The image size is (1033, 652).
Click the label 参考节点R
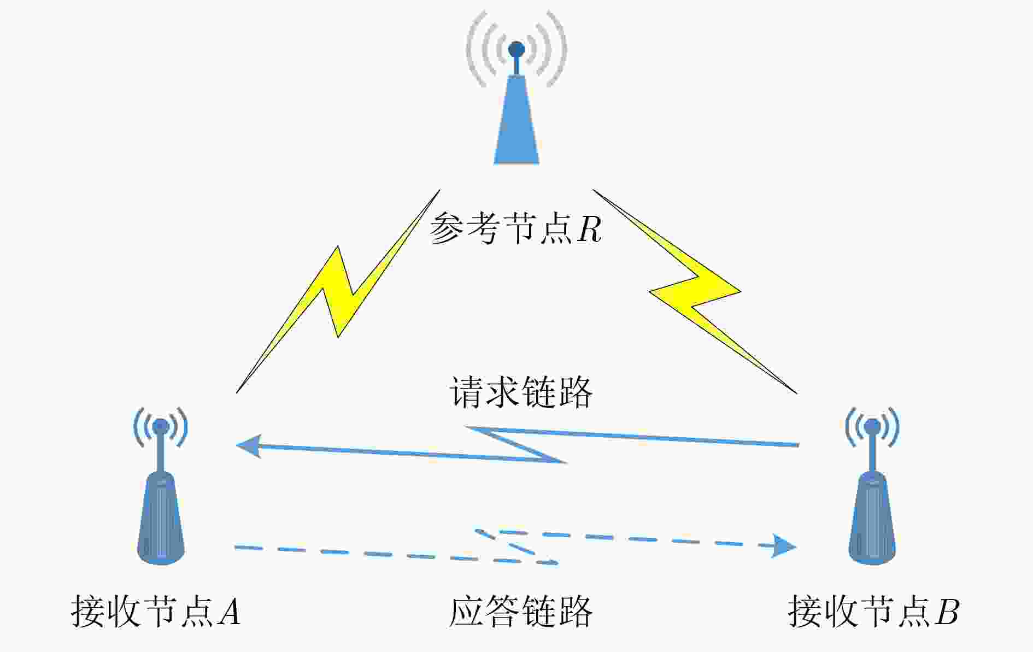pyautogui.click(x=515, y=228)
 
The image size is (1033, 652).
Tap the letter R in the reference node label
pyautogui.click(x=589, y=229)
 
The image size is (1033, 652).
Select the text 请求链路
pyautogui.click(x=521, y=392)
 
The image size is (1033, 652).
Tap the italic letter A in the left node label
pyautogui.click(x=229, y=611)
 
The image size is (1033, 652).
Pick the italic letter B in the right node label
pyautogui.click(x=947, y=611)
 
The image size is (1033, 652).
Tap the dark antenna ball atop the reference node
pyautogui.click(x=516, y=50)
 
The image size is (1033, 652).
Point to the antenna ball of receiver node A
pyautogui.click(x=161, y=426)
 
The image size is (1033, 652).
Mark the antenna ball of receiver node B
pyautogui.click(x=872, y=426)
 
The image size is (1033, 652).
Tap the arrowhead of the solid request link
pyautogui.click(x=249, y=445)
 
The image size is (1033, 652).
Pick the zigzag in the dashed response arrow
pyautogui.click(x=516, y=546)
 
